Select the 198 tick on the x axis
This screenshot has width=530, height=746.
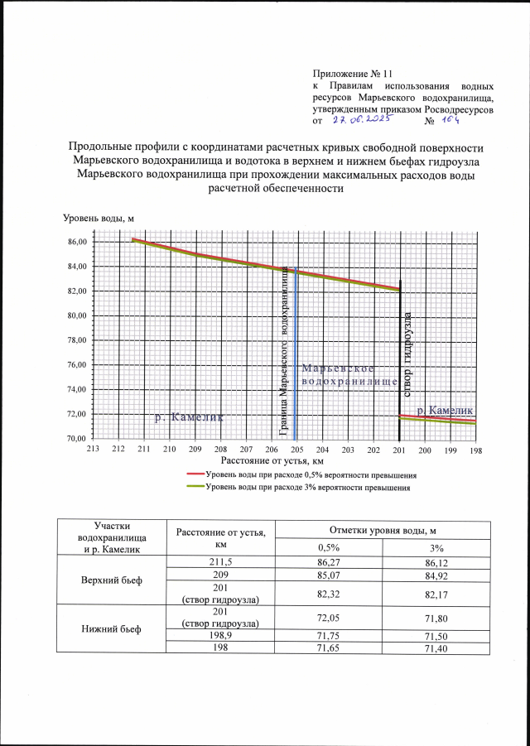(x=475, y=449)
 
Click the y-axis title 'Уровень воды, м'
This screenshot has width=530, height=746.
(x=99, y=219)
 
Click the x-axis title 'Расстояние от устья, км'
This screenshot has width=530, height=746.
(x=271, y=460)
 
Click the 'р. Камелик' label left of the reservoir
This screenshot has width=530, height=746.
(x=190, y=419)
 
